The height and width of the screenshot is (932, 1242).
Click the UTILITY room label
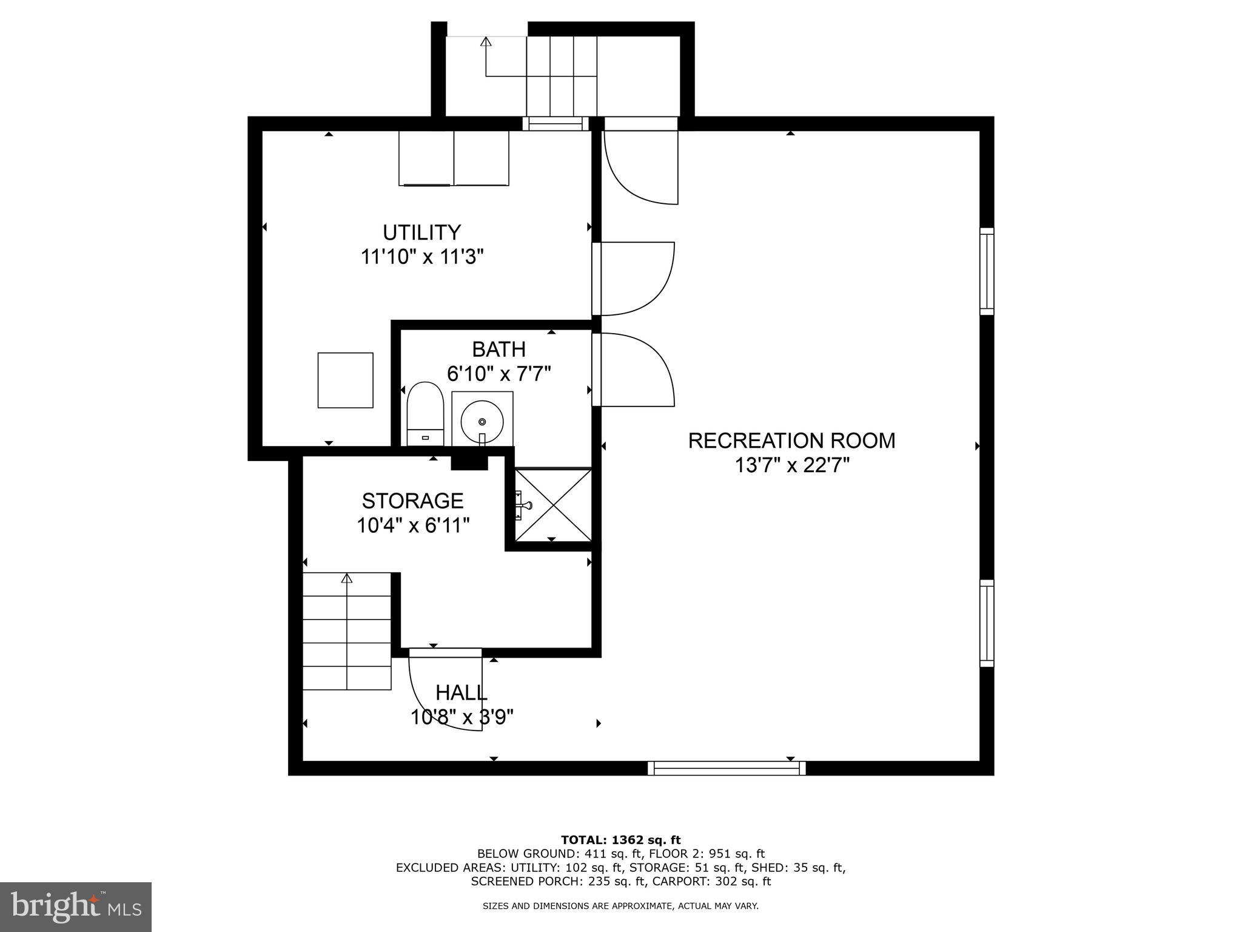[x=421, y=232]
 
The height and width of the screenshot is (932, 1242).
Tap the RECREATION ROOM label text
[x=791, y=441]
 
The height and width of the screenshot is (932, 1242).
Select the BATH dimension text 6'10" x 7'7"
[x=498, y=374]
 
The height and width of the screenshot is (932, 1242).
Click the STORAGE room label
[x=412, y=501]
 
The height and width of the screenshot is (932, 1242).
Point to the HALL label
[x=461, y=692]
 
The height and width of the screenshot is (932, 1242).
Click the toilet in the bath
[x=425, y=413]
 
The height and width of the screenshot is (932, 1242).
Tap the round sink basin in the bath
[x=482, y=421]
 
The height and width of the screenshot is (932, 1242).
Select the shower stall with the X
[x=552, y=504]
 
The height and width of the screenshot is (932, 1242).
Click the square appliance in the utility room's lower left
[x=345, y=380]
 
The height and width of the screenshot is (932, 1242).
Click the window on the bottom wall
[x=727, y=768]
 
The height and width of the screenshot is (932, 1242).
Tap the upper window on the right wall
[x=987, y=271]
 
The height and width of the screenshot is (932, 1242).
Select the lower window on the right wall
[x=987, y=623]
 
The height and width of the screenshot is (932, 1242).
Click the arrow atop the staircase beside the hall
[x=347, y=578]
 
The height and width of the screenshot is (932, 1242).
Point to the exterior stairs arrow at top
[x=485, y=42]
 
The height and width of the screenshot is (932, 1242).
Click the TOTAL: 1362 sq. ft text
[x=620, y=840]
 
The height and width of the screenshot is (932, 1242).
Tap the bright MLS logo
[x=76, y=907]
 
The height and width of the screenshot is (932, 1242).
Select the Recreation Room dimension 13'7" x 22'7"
[x=791, y=465]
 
